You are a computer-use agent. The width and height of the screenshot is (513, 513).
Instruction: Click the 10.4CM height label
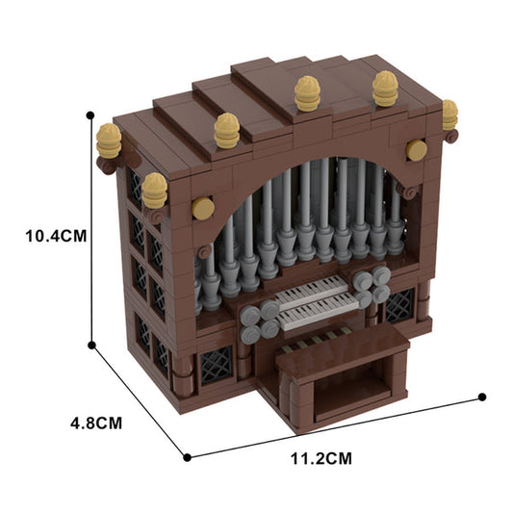pos(45,236)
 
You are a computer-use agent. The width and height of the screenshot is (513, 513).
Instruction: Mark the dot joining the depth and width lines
pos(185,456)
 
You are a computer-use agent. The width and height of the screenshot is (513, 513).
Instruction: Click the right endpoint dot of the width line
pos(482,396)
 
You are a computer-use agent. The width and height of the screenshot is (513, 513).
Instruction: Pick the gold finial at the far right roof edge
pos(449,115)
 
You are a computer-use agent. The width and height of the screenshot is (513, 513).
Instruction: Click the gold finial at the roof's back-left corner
pos(109,142)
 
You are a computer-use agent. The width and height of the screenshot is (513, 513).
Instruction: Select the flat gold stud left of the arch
pos(203,208)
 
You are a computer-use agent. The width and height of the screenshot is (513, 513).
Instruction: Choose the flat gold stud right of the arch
pos(417,150)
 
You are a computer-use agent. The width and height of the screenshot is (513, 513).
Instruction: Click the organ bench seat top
pos(342,352)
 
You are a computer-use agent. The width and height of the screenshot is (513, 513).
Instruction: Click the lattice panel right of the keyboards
pos(398,306)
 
